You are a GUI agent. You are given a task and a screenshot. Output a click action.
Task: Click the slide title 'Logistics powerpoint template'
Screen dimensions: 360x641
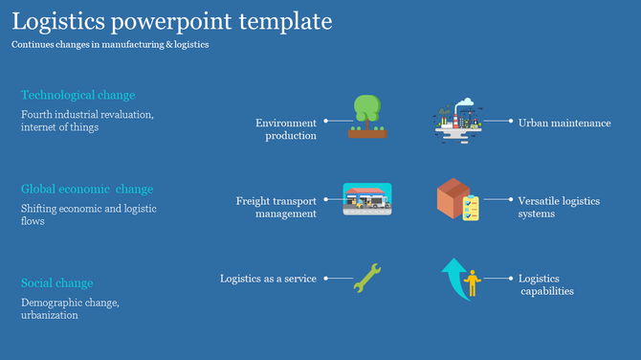click(172, 21)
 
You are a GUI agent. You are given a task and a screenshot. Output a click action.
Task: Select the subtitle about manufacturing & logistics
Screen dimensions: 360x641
click(110, 44)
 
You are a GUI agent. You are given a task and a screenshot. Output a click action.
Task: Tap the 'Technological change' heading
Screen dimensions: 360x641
click(77, 95)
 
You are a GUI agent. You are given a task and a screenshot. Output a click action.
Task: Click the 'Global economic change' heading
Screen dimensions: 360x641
click(87, 189)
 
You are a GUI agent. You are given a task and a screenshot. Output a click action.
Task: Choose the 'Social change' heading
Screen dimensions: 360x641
click(57, 282)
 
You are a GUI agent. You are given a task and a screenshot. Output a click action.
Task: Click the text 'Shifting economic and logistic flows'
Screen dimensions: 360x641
click(89, 214)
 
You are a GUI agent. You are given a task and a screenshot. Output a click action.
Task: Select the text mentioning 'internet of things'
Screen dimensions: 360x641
click(87, 121)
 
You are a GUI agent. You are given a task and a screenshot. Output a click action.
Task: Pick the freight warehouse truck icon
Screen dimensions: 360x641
click(366, 199)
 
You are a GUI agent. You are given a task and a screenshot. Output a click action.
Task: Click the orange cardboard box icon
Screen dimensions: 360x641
click(452, 198)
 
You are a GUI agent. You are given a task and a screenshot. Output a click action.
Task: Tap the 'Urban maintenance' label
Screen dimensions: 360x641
click(564, 123)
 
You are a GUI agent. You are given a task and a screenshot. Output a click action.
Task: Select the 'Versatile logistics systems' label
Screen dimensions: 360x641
click(559, 207)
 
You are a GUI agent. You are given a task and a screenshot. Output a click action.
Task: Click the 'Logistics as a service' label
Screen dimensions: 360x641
click(268, 279)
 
